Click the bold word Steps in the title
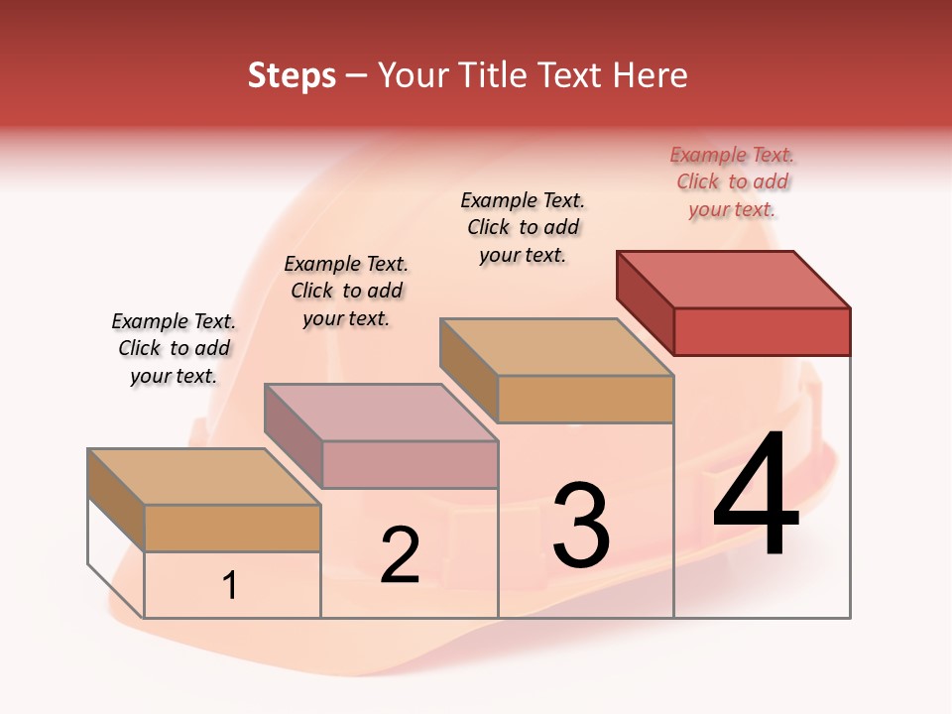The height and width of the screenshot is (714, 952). pos(292,76)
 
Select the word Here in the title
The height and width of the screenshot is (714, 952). pos(650,76)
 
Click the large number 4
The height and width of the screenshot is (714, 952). pos(756,495)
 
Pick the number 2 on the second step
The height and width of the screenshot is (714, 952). pos(400,555)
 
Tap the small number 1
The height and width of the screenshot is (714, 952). pos(230,586)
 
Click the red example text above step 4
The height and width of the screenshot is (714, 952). pos(732,182)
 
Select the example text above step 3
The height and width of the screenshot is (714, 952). pos(523,228)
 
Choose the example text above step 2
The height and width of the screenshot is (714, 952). pos(346,292)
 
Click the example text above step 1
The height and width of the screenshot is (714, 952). pos(174,349)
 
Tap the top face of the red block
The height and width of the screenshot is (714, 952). pos(734,279)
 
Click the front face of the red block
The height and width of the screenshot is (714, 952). pos(762,331)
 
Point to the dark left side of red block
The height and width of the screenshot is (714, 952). pos(645,301)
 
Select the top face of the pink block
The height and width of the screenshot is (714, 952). pos(381,412)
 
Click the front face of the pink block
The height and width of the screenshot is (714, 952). pos(410,464)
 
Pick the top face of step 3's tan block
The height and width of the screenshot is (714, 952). pos(556,347)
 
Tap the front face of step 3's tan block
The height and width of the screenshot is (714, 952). pos(585,399)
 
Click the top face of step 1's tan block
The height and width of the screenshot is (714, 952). pos(204,477)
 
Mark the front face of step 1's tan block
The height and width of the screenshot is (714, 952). pos(232,528)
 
